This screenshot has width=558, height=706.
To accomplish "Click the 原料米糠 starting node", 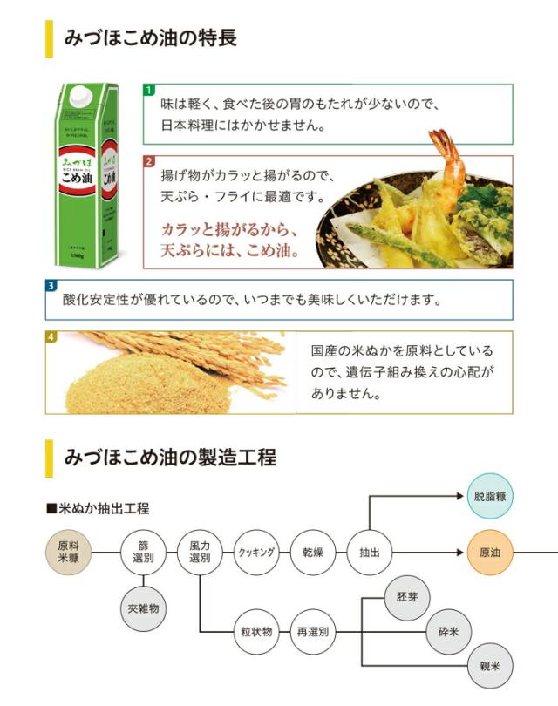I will click(68, 552).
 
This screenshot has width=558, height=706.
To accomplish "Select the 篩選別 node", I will click(143, 552).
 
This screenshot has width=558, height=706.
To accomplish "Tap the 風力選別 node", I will click(200, 552).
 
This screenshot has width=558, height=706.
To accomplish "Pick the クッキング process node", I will click(256, 552).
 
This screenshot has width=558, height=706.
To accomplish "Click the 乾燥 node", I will click(313, 552).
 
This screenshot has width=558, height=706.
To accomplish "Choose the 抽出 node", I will click(370, 552).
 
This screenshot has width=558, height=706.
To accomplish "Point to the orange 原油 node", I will click(490, 552).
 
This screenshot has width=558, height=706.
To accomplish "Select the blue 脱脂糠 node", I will click(490, 496).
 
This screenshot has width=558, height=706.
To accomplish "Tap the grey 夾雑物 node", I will click(143, 608).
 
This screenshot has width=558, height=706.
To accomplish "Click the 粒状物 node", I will click(256, 631).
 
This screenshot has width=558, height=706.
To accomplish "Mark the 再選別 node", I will click(313, 631).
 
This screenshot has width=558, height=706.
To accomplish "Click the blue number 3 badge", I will click(51, 285).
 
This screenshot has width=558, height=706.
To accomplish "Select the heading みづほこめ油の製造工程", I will click(170, 456).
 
